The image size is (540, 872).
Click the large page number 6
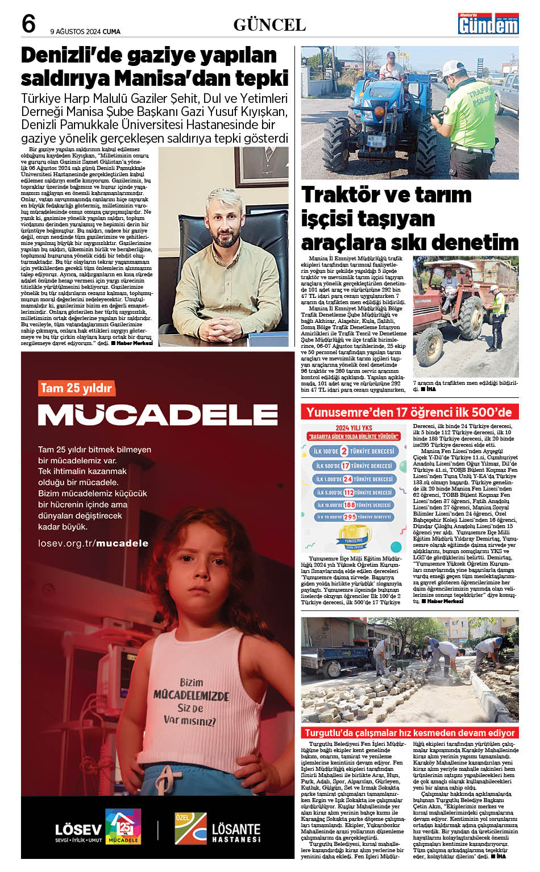pyautogui.click(x=28, y=24)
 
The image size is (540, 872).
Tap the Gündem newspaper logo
pyautogui.click(x=488, y=23)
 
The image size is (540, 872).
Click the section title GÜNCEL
pyautogui.click(x=269, y=25)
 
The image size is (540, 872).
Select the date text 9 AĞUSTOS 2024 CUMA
pyautogui.click(x=85, y=31)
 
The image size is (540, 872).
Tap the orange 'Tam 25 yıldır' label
pyautogui.click(x=76, y=388)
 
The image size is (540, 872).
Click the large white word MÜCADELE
pyautogui.click(x=157, y=415)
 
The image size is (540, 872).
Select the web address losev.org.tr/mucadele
pyautogui.click(x=93, y=543)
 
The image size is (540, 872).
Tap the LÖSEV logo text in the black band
pyautogui.click(x=78, y=829)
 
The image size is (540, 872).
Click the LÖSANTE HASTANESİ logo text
pyautogui.click(x=236, y=831)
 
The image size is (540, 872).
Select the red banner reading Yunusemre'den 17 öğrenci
pyautogui.click(x=409, y=412)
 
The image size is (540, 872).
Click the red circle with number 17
pyautogui.click(x=345, y=466)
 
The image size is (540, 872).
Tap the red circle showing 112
pyautogui.click(x=348, y=492)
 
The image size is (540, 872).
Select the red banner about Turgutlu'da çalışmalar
pyautogui.click(x=409, y=733)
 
